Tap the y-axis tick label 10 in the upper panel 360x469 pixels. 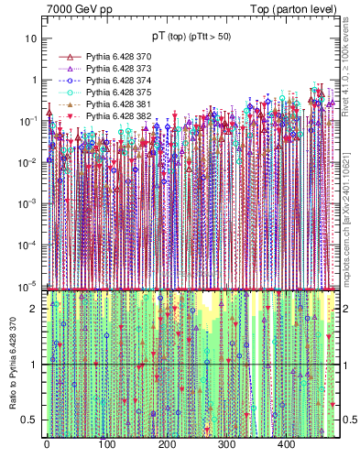pyautogui.click(x=30, y=39)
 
